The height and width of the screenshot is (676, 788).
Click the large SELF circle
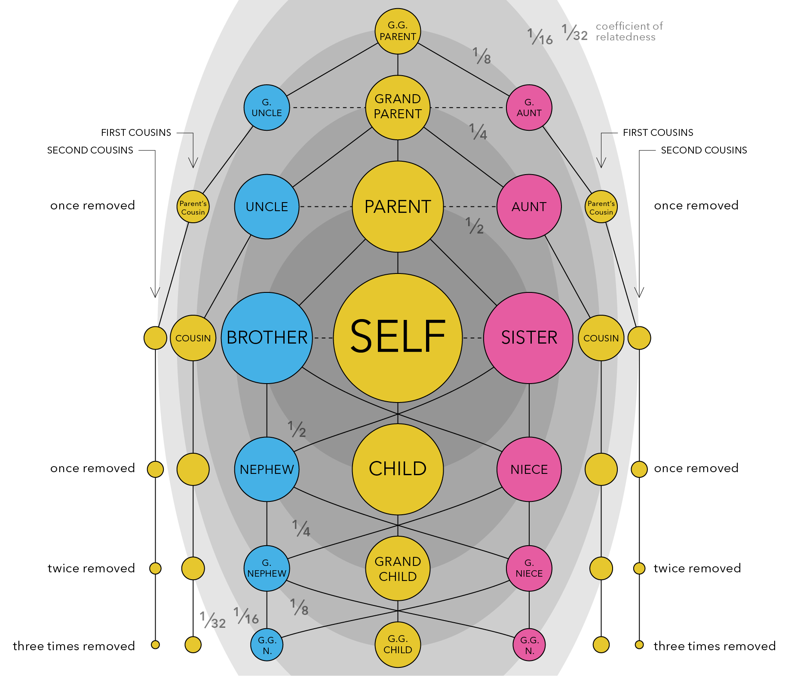click(x=398, y=338)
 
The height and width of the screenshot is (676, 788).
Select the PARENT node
click(x=398, y=206)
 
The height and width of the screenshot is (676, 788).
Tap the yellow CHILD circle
click(x=398, y=469)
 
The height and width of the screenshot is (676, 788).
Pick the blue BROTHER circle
click(x=267, y=338)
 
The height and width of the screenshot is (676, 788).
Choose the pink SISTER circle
click(x=529, y=338)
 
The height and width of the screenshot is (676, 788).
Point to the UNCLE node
click(x=267, y=206)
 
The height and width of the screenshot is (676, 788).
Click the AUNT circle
click(x=529, y=206)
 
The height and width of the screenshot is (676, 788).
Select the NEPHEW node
click(x=267, y=469)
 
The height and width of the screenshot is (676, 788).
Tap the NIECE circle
click(x=529, y=469)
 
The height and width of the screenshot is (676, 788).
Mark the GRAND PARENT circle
click(x=398, y=107)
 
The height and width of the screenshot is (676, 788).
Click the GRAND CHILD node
click(x=398, y=568)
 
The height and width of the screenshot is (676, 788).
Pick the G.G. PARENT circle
click(x=398, y=31)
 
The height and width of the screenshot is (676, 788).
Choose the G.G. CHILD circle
click(x=398, y=644)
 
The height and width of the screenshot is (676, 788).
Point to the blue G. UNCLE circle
click(x=267, y=108)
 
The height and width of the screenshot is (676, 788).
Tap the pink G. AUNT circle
click(x=529, y=108)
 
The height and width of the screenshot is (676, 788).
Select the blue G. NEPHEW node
click(x=267, y=568)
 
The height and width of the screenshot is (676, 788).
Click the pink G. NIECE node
click(x=529, y=568)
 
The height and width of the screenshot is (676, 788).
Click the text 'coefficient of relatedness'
click(x=629, y=31)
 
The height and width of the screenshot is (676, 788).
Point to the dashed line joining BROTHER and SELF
click(x=323, y=338)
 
